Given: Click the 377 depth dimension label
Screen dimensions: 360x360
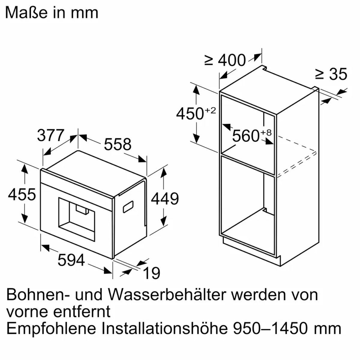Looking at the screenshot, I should [51, 135].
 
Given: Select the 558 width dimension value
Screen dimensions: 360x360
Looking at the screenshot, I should [118, 144].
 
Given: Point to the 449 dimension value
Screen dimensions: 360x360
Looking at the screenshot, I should [165, 199].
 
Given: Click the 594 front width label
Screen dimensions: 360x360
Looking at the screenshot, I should [71, 260].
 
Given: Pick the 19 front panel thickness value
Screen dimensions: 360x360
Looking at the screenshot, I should [151, 273].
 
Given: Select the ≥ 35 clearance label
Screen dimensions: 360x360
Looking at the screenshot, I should [331, 74].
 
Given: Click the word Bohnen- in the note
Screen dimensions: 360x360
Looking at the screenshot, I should [38, 295].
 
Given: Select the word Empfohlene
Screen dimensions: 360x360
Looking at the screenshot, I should [51, 328].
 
